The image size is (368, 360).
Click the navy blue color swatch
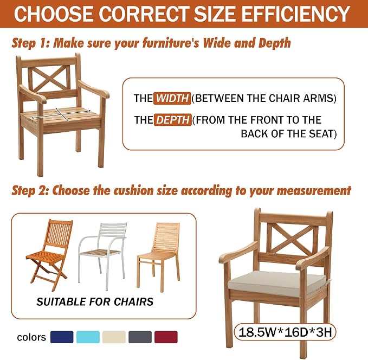click(x=62, y=337)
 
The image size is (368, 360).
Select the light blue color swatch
click(x=88, y=337)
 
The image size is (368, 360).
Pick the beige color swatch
click(x=114, y=337)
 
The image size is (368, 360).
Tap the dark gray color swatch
click(x=140, y=337)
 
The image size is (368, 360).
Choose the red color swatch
click(x=166, y=337)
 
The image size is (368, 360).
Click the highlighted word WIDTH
click(x=172, y=98)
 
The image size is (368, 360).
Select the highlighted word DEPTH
click(x=173, y=120)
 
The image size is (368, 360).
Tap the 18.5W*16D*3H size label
click(x=285, y=332)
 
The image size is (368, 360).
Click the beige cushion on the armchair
click(x=277, y=284)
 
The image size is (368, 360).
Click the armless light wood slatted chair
click(x=159, y=256)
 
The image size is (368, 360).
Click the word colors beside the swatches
click(x=31, y=337)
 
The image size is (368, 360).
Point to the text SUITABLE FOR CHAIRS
click(x=95, y=302)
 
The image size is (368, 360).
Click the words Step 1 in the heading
click(x=30, y=43)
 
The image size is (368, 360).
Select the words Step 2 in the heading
click(x=30, y=190)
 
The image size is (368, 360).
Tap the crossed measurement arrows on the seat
click(x=61, y=114)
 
